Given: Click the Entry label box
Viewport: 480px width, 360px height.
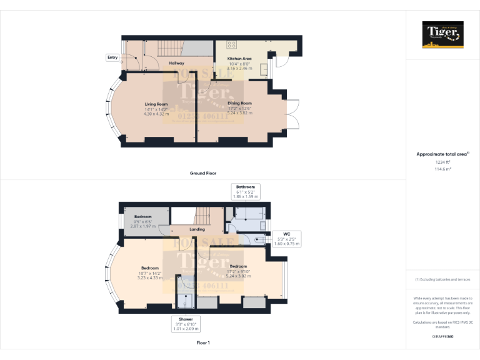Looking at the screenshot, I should click(x=112, y=57).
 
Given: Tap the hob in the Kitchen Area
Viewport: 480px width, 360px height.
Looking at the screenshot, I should click(x=231, y=44).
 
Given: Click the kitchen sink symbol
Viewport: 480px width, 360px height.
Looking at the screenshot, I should click(x=264, y=67).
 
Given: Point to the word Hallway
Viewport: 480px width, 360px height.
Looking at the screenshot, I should click(x=176, y=63).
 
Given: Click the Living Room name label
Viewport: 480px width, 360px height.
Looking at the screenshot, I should click(x=156, y=104).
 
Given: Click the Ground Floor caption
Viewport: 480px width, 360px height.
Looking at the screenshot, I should click(x=202, y=172).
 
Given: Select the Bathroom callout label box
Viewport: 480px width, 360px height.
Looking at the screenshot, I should click(x=245, y=191).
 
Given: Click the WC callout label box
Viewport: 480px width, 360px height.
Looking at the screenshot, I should click(x=287, y=239).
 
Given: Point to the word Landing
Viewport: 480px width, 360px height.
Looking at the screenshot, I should click(x=197, y=229).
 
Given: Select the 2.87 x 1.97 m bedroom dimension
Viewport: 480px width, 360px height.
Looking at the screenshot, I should click(x=142, y=226).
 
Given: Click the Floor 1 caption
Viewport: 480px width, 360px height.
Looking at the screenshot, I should click(x=202, y=342).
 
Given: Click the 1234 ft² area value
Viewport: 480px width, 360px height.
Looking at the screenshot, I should click(x=442, y=162).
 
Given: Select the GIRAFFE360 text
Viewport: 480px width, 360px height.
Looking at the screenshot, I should click(x=442, y=336).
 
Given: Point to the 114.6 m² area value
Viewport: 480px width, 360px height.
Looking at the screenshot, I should click(x=442, y=169).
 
